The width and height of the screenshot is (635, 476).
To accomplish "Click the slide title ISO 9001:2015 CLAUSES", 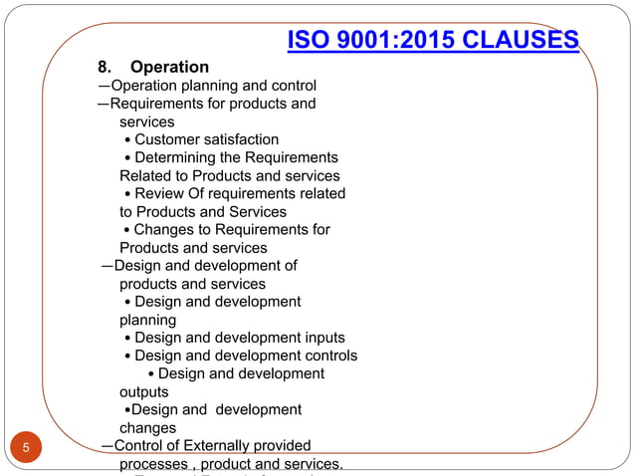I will pyautogui.click(x=433, y=40).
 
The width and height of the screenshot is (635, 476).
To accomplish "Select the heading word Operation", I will pyautogui.click(x=170, y=68).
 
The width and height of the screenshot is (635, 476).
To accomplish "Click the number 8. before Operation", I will pyautogui.click(x=104, y=68).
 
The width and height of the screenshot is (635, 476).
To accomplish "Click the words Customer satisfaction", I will pyautogui.click(x=206, y=139).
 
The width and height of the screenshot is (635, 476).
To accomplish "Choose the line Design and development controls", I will pyautogui.click(x=246, y=356).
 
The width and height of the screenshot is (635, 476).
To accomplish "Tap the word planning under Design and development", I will pyautogui.click(x=147, y=320).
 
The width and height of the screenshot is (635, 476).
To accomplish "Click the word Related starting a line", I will pyautogui.click(x=145, y=175).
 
